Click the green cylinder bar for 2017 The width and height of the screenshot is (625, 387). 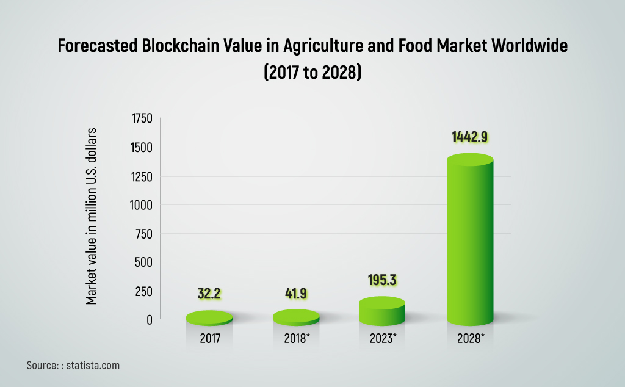[x=209, y=318]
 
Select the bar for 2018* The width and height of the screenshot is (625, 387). [x=296, y=317]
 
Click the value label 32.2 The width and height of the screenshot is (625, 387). [x=209, y=294]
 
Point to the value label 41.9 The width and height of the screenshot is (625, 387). [x=296, y=294]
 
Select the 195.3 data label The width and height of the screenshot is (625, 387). [x=383, y=280]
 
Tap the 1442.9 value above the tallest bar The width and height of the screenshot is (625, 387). [x=469, y=137]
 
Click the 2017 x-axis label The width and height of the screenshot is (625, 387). [x=210, y=338]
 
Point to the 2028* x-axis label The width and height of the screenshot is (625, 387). [x=471, y=338]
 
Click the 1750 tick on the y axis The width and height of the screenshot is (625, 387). [x=142, y=119]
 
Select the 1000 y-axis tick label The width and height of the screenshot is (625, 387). [x=142, y=206]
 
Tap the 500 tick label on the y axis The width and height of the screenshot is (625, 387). [x=144, y=263]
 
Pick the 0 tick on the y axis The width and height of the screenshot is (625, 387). [x=150, y=319]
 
